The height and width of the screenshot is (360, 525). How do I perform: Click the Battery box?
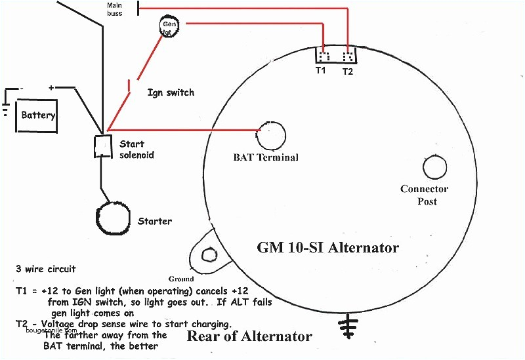click(37, 115)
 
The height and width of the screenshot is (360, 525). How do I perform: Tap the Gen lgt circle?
click(169, 26)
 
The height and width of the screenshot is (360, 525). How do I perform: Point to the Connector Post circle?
click(435, 167)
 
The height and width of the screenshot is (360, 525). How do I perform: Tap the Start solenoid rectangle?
click(103, 146)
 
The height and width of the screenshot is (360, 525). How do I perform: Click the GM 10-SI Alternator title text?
click(327, 248)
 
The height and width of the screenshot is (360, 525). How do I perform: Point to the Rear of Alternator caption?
click(249, 336)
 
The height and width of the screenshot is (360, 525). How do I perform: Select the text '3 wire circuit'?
click(46, 269)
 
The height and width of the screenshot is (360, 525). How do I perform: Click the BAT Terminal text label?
click(266, 157)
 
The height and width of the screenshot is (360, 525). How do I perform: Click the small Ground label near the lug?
click(181, 279)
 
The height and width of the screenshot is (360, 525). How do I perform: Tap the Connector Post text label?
click(425, 195)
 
